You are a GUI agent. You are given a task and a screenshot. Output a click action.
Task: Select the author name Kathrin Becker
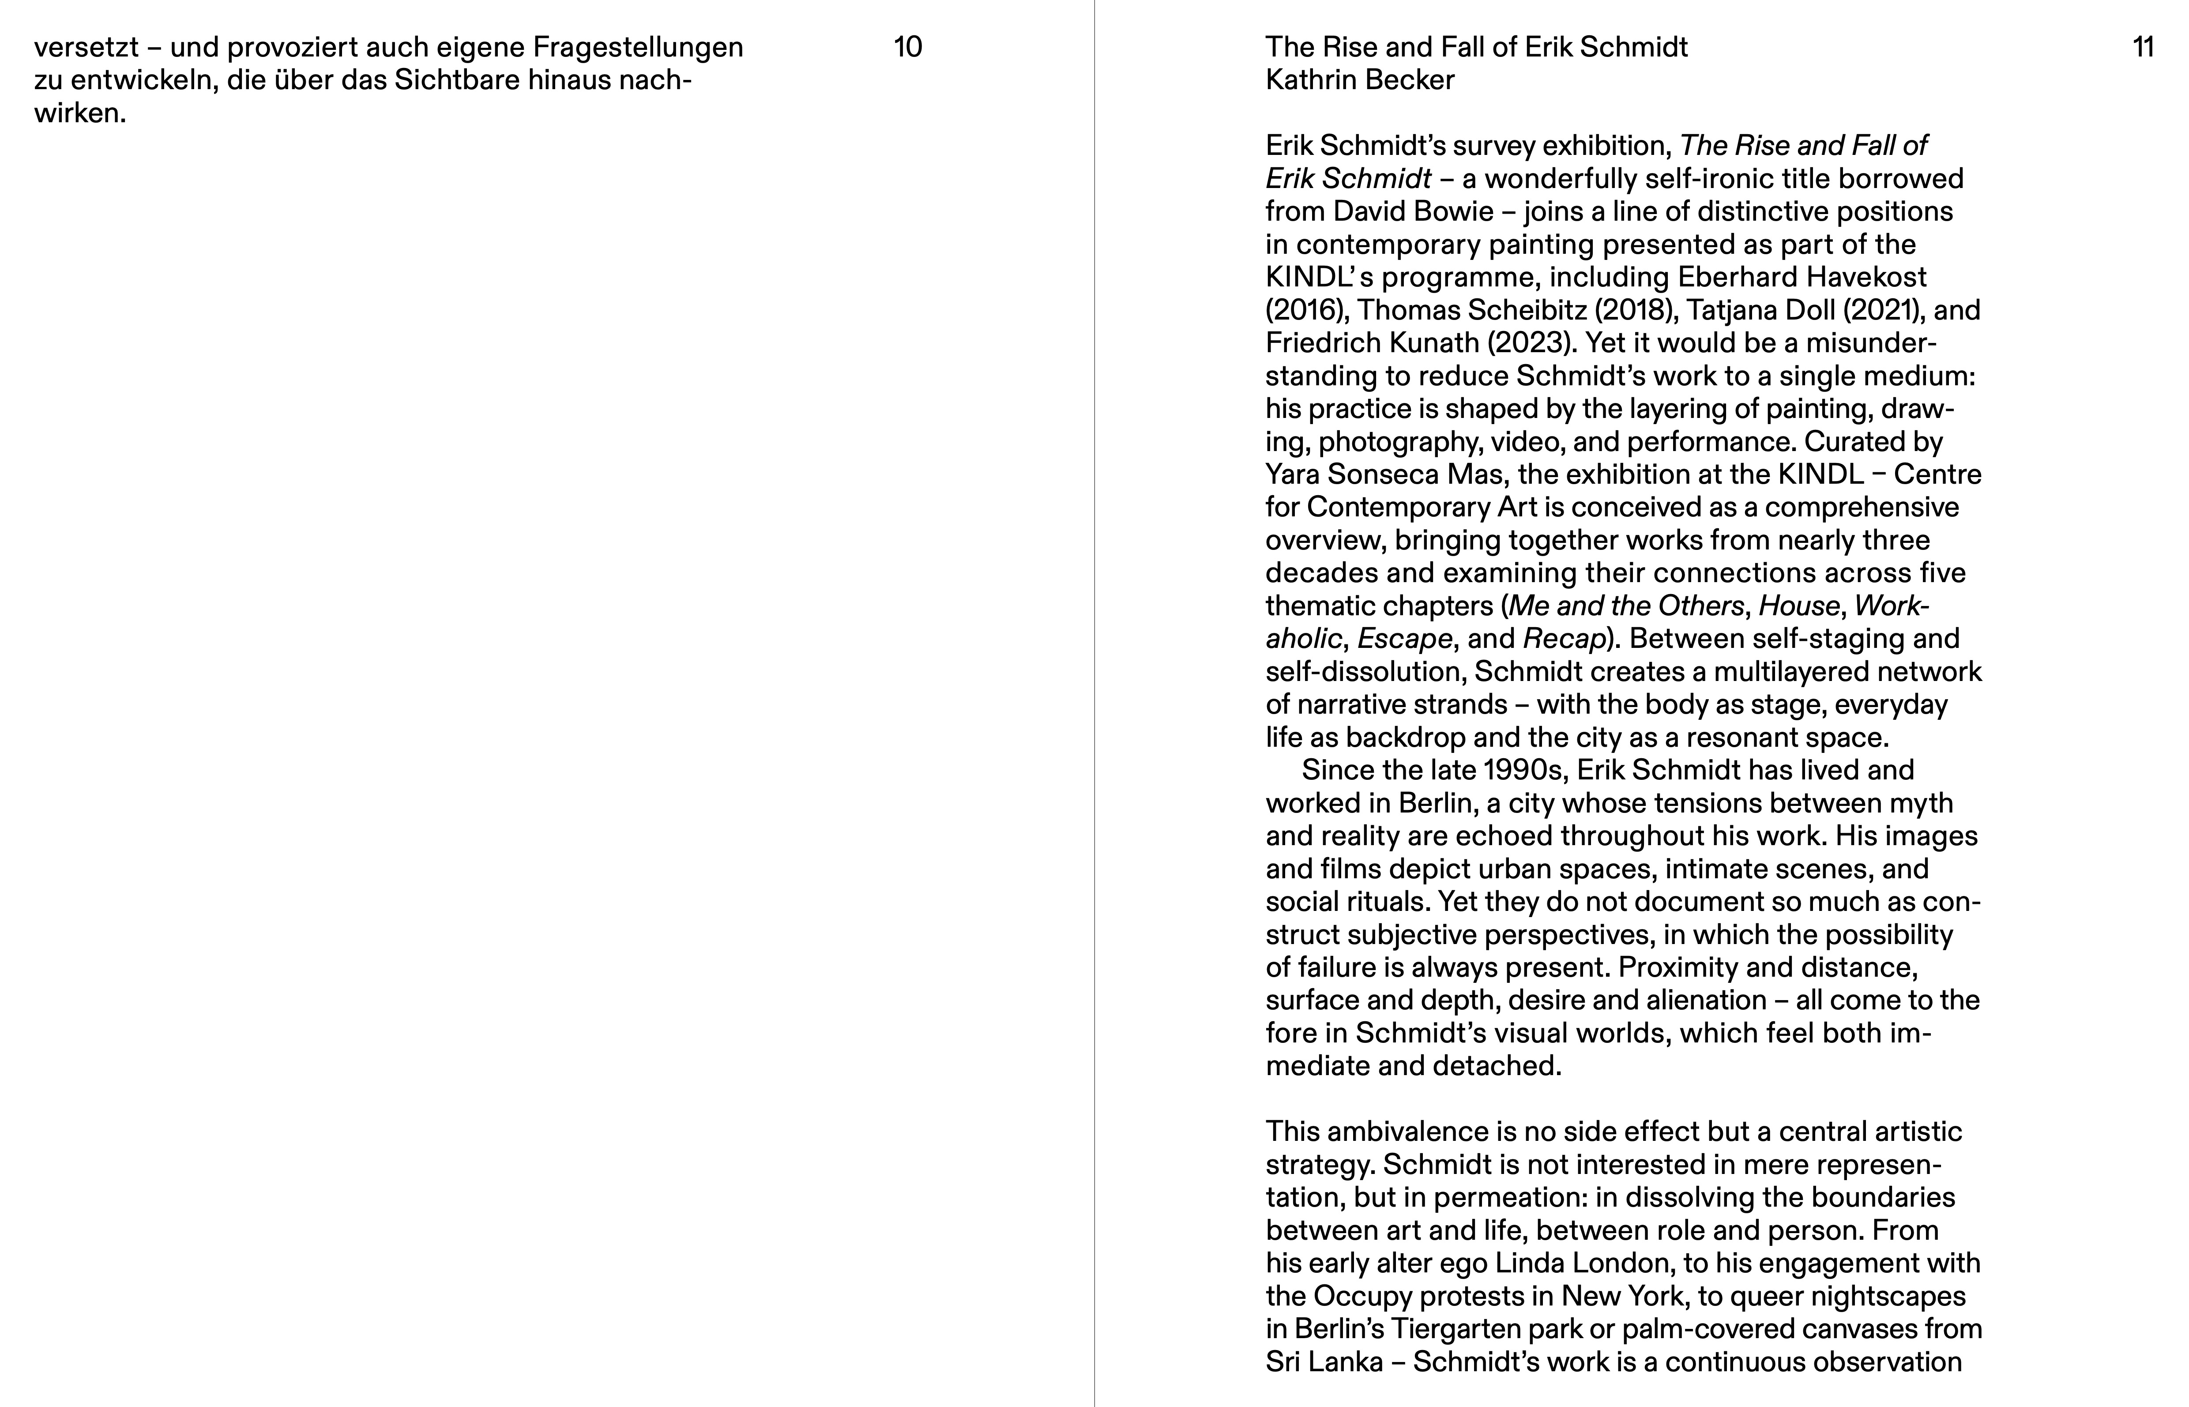1359,80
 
